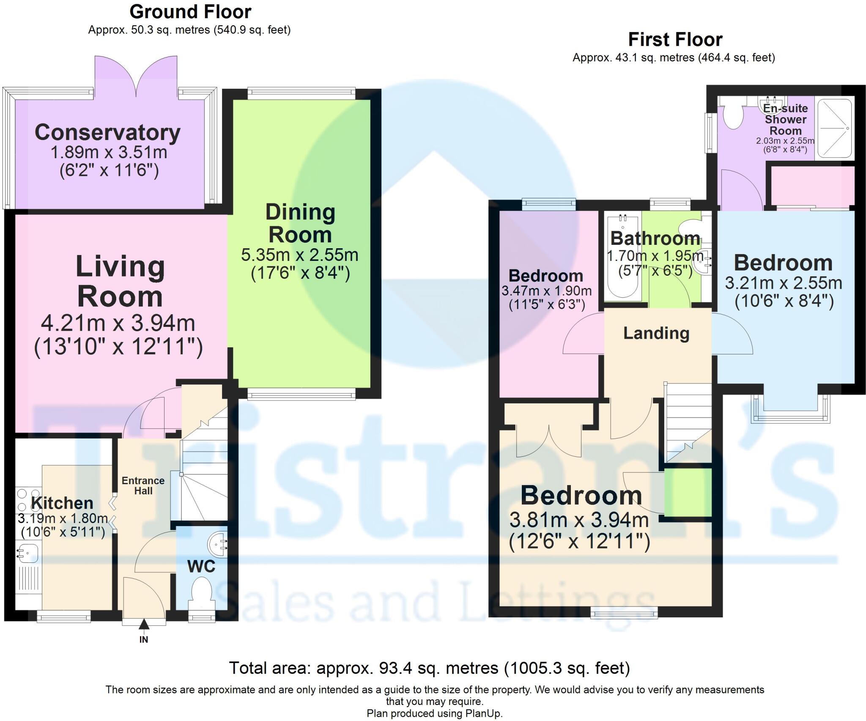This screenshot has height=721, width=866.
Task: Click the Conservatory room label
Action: tap(107, 132)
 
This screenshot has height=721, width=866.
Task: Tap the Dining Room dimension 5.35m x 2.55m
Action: tap(299, 255)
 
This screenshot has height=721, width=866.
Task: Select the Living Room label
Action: tap(120, 281)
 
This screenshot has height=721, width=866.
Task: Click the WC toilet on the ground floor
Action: tap(201, 590)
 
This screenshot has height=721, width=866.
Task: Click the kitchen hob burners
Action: tap(28, 500)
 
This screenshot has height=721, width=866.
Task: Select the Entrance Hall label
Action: tap(143, 485)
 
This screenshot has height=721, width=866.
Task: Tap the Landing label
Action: tap(656, 333)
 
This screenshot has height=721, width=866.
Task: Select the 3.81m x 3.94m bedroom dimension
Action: tap(579, 520)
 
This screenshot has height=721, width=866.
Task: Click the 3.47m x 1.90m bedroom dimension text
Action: tap(546, 291)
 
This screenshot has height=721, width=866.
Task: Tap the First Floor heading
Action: tap(675, 40)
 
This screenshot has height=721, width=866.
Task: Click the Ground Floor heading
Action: tap(190, 12)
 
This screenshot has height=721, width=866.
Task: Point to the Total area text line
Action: tap(429, 668)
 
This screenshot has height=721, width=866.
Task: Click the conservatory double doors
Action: tap(136, 76)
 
